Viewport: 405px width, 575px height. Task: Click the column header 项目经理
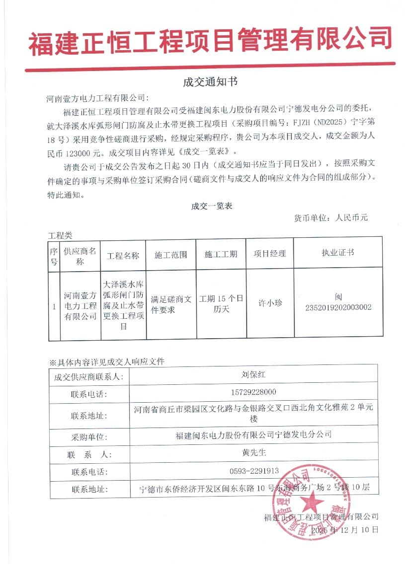tap(270, 254)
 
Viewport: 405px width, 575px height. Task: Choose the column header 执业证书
tap(338, 253)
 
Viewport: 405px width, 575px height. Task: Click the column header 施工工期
tap(221, 254)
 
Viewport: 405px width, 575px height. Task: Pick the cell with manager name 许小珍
tap(270, 302)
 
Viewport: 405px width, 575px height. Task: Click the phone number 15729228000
tap(253, 392)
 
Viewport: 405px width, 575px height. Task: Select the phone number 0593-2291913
tap(253, 471)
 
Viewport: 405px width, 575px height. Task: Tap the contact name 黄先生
tap(253, 452)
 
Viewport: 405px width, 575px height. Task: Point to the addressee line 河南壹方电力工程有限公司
tap(97, 99)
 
